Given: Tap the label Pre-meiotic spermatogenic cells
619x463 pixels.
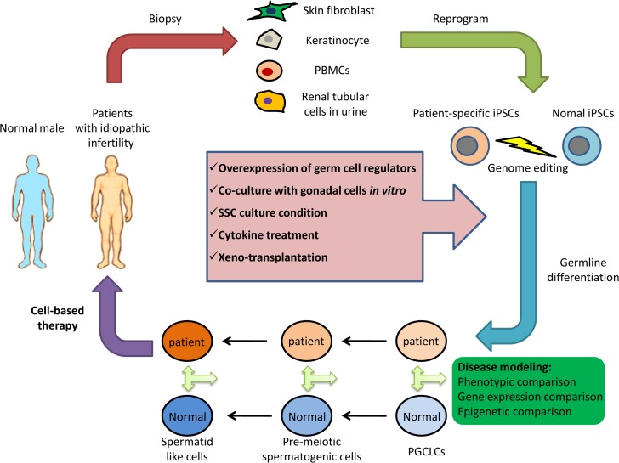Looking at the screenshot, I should coord(303,449).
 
